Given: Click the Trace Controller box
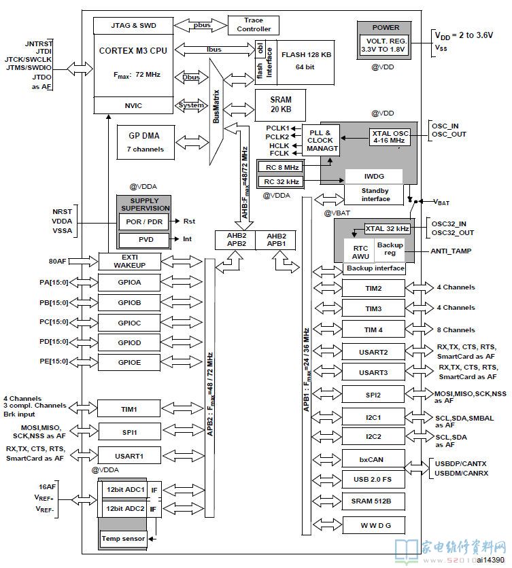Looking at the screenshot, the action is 254,25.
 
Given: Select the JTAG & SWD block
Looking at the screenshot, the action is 133,26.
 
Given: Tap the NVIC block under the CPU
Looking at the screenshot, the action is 133,105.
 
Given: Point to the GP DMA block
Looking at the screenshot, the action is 146,143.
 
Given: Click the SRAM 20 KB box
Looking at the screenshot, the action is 280,105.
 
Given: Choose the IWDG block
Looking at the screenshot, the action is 374,177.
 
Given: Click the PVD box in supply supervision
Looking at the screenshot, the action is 144,240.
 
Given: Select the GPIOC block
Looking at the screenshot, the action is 129,323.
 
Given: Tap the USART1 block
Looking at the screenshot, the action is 129,456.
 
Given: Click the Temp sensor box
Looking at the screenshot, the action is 123,539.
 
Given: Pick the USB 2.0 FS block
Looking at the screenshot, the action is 373,479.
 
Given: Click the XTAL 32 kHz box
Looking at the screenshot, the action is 387,229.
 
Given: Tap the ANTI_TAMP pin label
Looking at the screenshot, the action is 451,251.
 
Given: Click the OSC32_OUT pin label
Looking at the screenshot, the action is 453,232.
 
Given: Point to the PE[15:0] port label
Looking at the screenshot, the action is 54,361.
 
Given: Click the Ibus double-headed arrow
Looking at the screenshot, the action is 215,50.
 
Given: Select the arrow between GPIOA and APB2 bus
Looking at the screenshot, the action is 182,281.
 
